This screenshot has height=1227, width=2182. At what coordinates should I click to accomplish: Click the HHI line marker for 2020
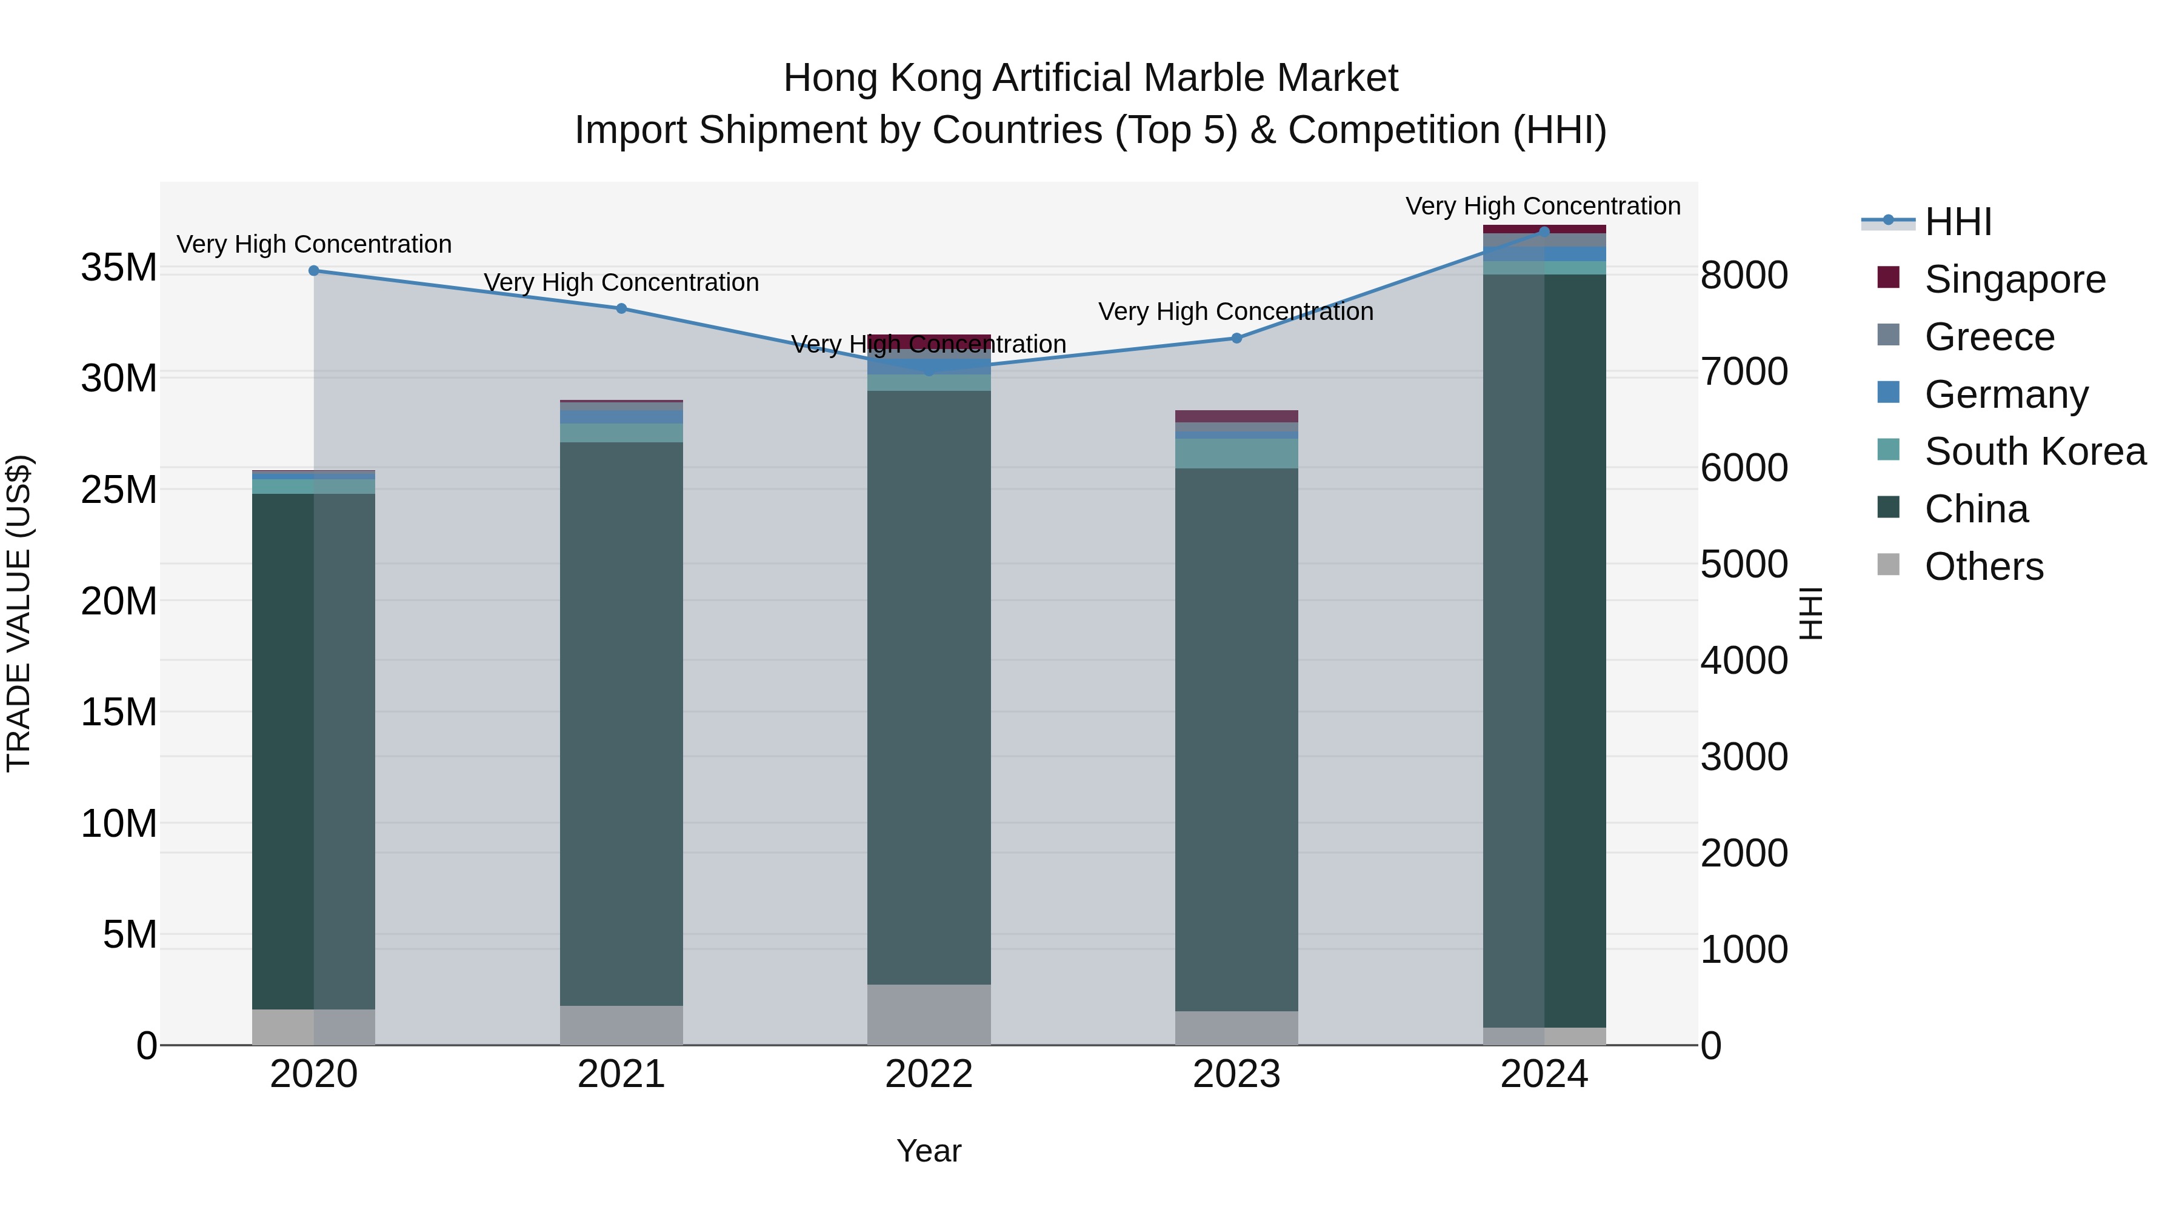point(313,271)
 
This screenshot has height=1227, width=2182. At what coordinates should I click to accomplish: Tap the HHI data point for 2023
point(1236,338)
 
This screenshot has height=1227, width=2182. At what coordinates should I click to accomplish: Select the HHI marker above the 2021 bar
point(621,308)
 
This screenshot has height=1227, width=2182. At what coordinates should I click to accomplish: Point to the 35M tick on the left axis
point(119,268)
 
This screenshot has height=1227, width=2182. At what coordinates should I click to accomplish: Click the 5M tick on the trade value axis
point(130,935)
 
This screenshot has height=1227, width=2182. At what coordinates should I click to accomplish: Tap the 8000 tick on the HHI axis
point(1743,275)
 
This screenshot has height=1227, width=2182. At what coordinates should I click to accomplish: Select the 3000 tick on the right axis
point(1743,757)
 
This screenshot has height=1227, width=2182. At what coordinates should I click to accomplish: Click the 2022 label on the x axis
point(929,1074)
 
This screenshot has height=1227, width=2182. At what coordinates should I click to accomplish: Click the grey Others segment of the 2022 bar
point(929,1014)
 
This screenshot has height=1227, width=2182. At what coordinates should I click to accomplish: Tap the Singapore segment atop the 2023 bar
point(1236,416)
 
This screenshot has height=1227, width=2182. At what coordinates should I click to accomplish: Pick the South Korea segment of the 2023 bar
point(1236,454)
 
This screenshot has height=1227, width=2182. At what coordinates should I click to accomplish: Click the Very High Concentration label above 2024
point(1543,207)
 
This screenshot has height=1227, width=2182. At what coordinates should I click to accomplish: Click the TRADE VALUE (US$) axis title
point(19,613)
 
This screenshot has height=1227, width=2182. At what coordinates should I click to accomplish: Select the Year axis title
point(929,1151)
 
